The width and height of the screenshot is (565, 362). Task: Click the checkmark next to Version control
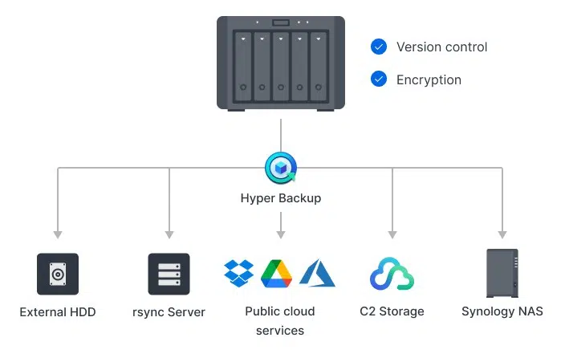pyautogui.click(x=379, y=47)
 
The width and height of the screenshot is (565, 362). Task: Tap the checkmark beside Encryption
pyautogui.click(x=379, y=79)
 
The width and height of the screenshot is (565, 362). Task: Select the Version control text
pyautogui.click(x=441, y=47)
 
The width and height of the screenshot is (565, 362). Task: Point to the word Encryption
pyautogui.click(x=429, y=79)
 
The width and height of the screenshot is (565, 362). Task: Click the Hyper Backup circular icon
pyautogui.click(x=281, y=168)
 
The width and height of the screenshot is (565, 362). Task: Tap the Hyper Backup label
pyautogui.click(x=281, y=197)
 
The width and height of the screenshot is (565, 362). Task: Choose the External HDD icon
pyautogui.click(x=58, y=275)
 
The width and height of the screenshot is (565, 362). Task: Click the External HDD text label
pyautogui.click(x=58, y=311)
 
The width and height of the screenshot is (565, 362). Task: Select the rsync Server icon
pyautogui.click(x=169, y=275)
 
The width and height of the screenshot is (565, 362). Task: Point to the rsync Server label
pyautogui.click(x=169, y=311)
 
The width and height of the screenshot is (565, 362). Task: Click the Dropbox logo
pyautogui.click(x=238, y=273)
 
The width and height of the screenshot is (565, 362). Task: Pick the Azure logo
pyautogui.click(x=316, y=273)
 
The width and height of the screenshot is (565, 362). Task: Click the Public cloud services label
pyautogui.click(x=280, y=320)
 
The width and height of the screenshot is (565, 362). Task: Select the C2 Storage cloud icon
pyautogui.click(x=392, y=275)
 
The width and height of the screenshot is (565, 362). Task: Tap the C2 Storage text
pyautogui.click(x=392, y=311)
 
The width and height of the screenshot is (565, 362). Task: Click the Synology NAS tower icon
pyautogui.click(x=502, y=273)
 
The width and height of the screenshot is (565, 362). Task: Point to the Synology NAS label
pyautogui.click(x=502, y=311)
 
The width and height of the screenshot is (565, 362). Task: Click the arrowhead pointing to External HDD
pyautogui.click(x=58, y=234)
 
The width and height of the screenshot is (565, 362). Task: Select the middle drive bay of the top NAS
pyautogui.click(x=281, y=63)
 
